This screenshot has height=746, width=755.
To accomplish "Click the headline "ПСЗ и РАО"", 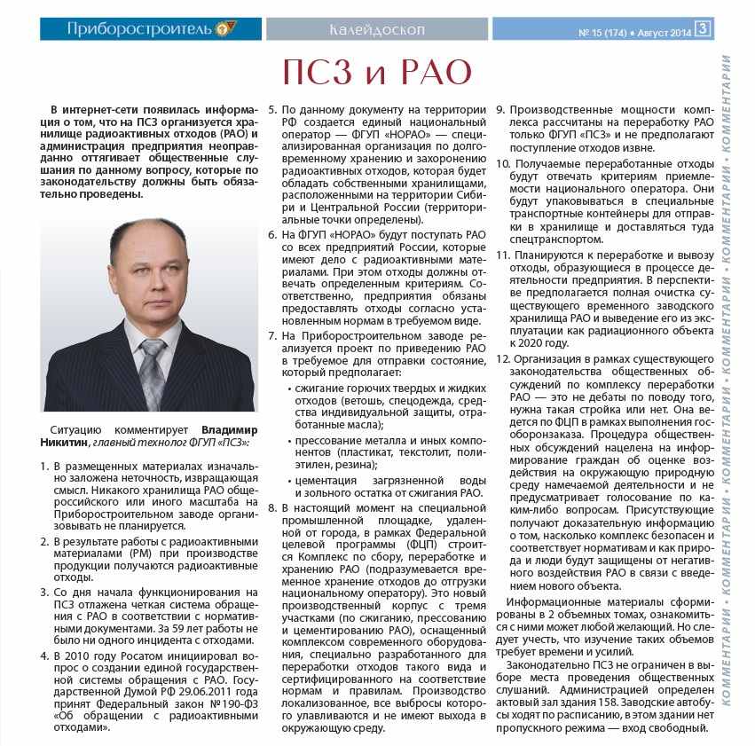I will pyautogui.click(x=377, y=72).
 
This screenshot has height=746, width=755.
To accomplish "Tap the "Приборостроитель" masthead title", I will pyautogui.click(x=139, y=28).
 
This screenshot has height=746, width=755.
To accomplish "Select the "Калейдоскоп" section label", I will pyautogui.click(x=376, y=28).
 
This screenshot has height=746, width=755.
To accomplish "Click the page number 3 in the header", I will pyautogui.click(x=703, y=28).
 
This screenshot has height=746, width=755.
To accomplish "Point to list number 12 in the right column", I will pyautogui.click(x=501, y=359).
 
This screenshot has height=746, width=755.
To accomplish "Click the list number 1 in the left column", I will pyautogui.click(x=44, y=466).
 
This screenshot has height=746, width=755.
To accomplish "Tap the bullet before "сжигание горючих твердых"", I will pyautogui.click(x=289, y=388).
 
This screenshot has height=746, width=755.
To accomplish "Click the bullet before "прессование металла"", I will pyautogui.click(x=289, y=440).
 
